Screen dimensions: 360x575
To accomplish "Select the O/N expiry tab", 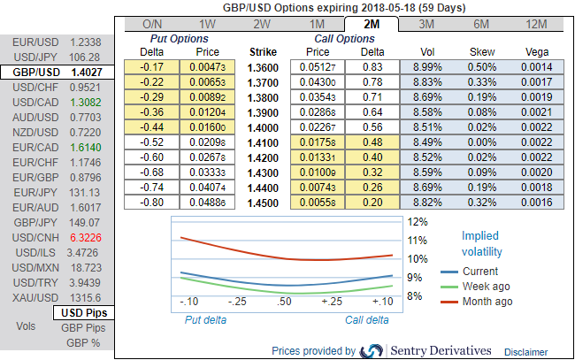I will click(151, 24).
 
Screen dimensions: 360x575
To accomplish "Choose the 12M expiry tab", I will click(536, 24).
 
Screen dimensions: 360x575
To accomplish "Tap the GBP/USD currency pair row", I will click(57, 73).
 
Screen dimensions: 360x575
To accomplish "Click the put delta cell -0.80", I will click(155, 202).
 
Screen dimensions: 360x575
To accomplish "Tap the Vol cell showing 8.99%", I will click(425, 66).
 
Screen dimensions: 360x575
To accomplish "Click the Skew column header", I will click(483, 52).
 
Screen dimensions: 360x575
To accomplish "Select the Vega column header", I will click(536, 52).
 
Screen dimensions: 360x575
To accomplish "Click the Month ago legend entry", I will click(487, 302).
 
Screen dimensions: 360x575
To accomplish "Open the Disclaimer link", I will click(526, 351).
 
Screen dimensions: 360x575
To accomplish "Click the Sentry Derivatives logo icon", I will click(372, 350).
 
